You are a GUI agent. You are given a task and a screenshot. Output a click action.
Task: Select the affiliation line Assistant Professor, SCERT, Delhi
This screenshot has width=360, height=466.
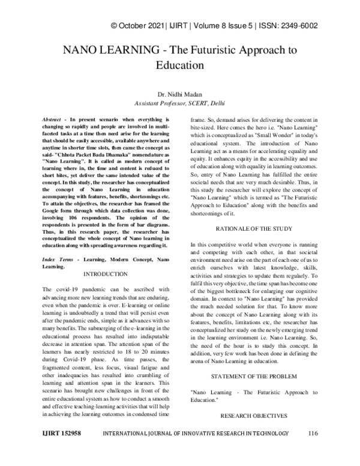(x=180, y=103)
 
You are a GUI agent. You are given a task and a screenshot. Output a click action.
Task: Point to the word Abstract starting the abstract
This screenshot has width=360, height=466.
(x=57, y=120)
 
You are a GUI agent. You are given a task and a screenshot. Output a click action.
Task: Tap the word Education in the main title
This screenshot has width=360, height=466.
(x=180, y=63)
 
